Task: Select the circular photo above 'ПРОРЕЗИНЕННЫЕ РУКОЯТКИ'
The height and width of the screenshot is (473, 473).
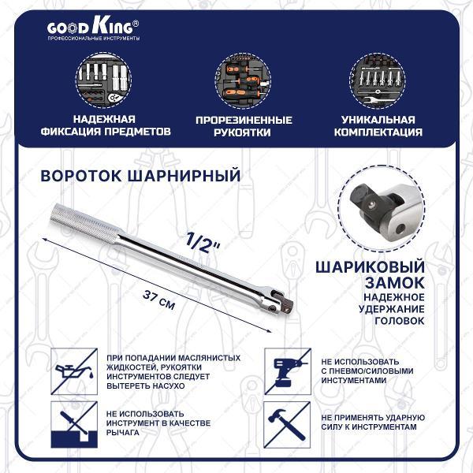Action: tap(244, 83)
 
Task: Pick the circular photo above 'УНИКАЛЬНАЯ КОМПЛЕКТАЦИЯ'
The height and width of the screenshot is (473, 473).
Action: tap(382, 83)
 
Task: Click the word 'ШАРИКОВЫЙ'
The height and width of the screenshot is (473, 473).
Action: tap(371, 266)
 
